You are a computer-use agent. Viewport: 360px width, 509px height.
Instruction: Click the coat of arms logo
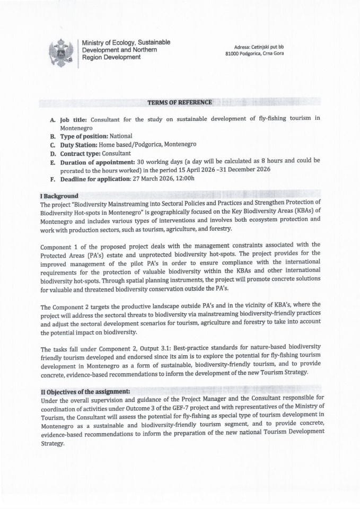click(61, 52)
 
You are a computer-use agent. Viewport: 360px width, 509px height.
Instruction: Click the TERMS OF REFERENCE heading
click(180, 102)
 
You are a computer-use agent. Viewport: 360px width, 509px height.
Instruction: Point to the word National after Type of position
click(121, 136)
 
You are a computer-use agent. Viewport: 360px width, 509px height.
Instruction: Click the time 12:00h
click(186, 178)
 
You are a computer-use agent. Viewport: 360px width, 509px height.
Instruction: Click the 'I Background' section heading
click(59, 196)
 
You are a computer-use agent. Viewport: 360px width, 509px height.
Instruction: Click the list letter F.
click(52, 178)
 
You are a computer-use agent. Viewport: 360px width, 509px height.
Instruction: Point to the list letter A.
click(52, 119)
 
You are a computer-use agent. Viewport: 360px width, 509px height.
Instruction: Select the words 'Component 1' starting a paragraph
click(59, 244)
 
